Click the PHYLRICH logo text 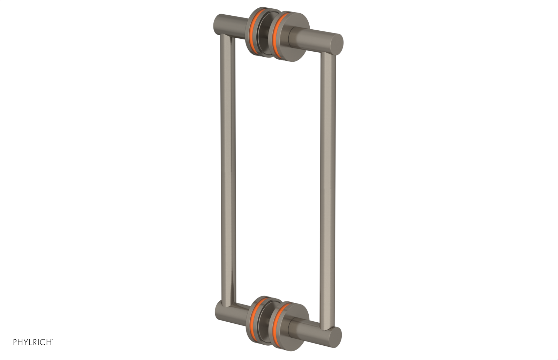tap(33, 342)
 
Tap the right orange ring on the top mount tap(277, 35)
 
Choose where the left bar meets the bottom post tap(227, 307)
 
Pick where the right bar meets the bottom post tap(327, 326)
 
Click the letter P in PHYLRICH tap(15, 342)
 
